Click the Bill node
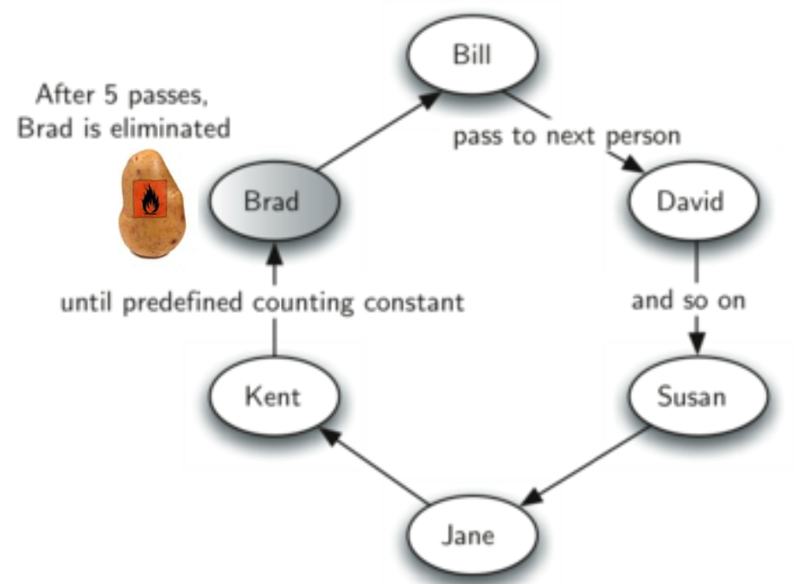(473, 55)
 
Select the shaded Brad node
(272, 201)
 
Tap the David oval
(695, 201)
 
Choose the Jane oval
(468, 535)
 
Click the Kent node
(272, 397)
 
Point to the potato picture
(151, 206)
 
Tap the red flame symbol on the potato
(150, 200)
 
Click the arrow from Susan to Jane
(588, 467)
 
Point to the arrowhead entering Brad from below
(274, 253)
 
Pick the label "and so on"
(688, 302)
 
